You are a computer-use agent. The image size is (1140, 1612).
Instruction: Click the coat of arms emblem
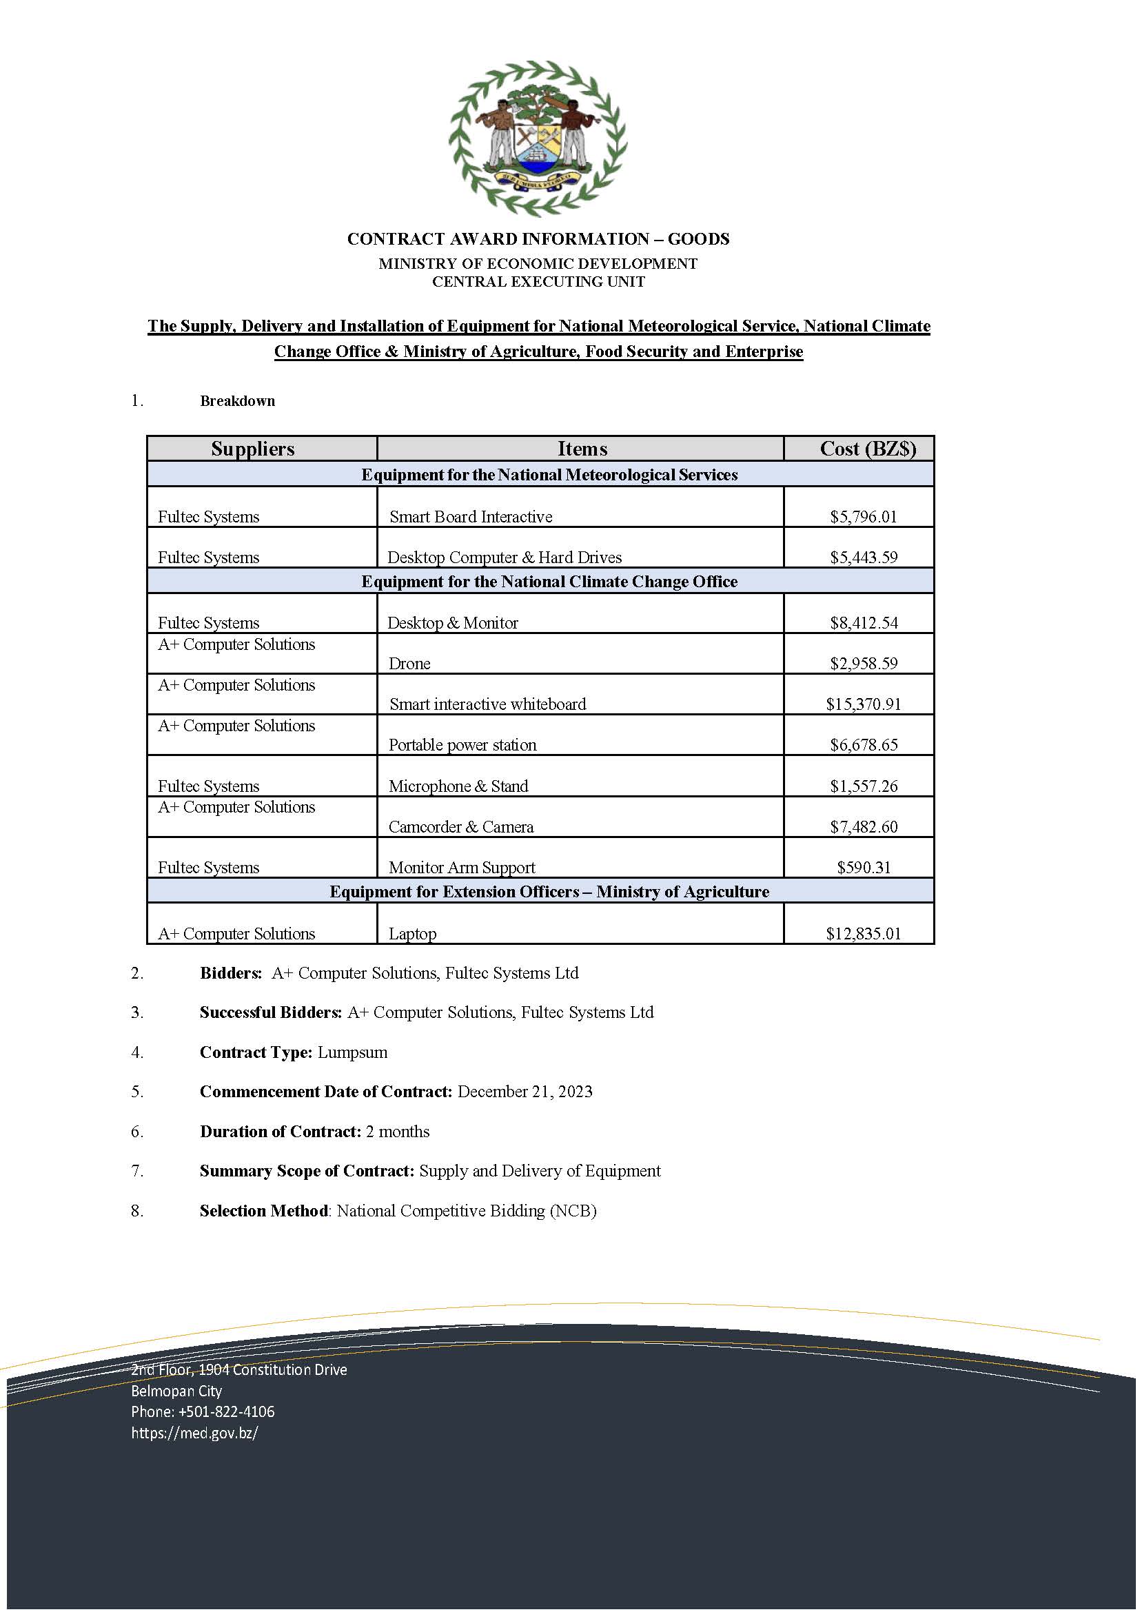[538, 139]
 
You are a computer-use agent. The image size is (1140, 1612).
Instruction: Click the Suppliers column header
[253, 449]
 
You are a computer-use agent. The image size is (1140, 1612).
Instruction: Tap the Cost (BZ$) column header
[868, 449]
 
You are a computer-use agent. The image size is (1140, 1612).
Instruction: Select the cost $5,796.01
[863, 517]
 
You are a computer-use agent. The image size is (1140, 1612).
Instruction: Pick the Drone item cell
[409, 664]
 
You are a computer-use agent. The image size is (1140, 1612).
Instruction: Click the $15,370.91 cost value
[863, 704]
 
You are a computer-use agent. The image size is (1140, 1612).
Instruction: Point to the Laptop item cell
[413, 934]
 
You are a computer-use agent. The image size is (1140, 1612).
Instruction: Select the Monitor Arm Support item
[462, 868]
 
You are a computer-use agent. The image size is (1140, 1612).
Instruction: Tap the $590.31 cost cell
[864, 868]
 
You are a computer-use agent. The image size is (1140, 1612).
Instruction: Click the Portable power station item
[462, 745]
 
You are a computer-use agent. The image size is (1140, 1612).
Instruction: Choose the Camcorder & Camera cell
[461, 827]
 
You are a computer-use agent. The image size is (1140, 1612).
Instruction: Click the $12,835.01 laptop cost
[863, 934]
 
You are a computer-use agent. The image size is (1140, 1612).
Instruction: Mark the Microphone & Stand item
[458, 786]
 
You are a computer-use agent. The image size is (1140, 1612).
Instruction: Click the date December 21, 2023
[525, 1092]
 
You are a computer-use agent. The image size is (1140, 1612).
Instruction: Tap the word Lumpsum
[352, 1052]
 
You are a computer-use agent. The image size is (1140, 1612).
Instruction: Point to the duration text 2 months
[397, 1132]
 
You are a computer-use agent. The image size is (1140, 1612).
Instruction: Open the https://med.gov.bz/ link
[194, 1433]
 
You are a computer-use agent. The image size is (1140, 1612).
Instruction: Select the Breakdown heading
[237, 401]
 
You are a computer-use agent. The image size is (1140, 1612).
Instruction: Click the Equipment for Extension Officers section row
[549, 892]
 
